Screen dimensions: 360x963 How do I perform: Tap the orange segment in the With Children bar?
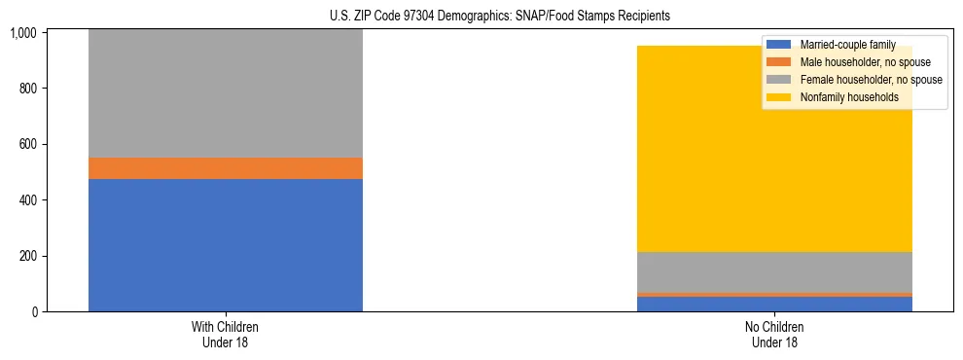(226, 168)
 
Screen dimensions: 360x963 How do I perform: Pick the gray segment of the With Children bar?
(226, 93)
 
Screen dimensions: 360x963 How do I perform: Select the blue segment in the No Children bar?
(774, 304)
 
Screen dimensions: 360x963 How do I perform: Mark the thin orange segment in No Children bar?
(774, 294)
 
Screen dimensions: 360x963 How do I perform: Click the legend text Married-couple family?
(847, 45)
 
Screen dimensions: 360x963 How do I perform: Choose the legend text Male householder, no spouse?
(859, 62)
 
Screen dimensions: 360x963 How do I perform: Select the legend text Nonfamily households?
(843, 97)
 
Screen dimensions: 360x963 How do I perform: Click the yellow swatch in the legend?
(780, 97)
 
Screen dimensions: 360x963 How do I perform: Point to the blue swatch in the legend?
(780, 45)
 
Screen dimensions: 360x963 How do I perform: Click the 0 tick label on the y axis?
(33, 312)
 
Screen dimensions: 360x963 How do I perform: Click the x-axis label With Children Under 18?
(226, 335)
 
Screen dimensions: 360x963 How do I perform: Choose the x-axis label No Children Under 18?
(774, 335)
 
